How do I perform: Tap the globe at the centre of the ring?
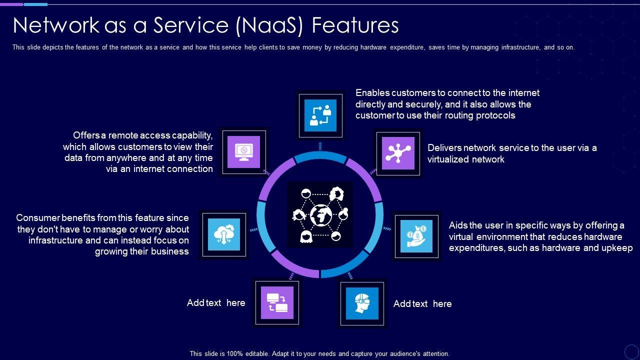(320, 215)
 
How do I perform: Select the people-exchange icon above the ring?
(320, 115)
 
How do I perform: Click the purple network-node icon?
(398, 153)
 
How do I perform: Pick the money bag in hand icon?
(416, 236)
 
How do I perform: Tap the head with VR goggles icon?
(362, 303)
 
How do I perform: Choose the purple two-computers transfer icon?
(277, 302)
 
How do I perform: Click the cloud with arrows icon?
(223, 234)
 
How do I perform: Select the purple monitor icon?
(244, 152)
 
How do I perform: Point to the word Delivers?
(444, 148)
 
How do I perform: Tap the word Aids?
(458, 225)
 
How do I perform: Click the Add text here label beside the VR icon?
(422, 304)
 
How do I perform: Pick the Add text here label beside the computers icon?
(216, 303)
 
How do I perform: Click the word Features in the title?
(355, 25)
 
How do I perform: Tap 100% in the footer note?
(234, 353)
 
